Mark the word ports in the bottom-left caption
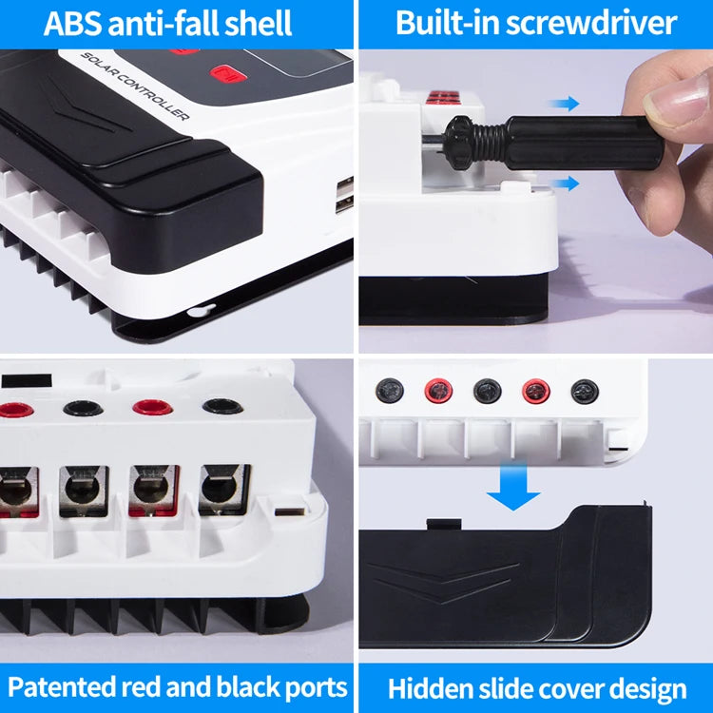(309, 686)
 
